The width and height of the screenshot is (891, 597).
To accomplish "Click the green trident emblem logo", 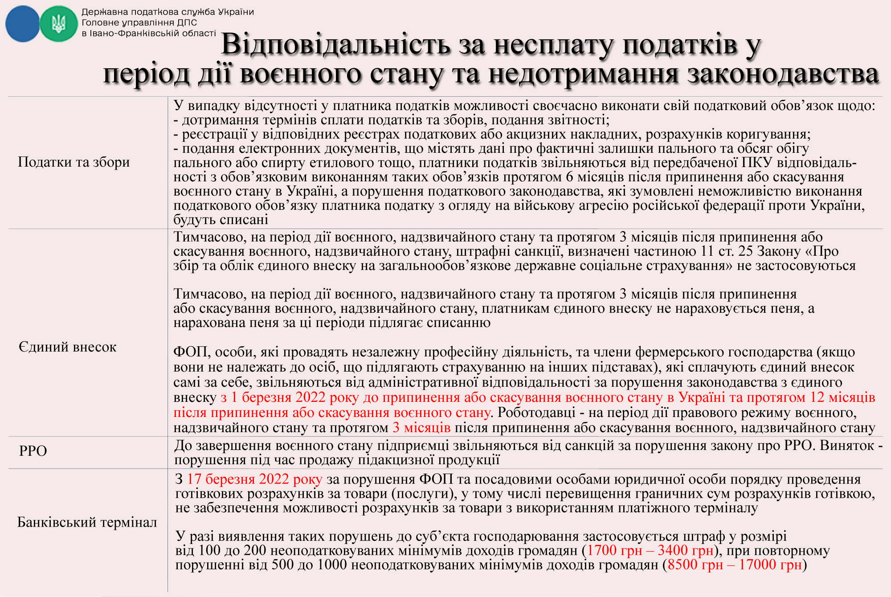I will (x=58, y=24).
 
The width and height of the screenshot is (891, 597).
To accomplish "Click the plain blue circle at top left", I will (x=22, y=24).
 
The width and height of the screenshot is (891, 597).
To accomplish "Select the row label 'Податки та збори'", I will (x=74, y=162).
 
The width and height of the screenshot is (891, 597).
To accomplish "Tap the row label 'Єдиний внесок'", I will (x=67, y=347).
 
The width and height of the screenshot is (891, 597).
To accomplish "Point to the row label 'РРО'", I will (x=33, y=451).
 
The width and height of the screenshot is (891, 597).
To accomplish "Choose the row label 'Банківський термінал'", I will (x=87, y=522).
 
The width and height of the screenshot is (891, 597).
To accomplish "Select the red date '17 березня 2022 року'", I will (x=254, y=479).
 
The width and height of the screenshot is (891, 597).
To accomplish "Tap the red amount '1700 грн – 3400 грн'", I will (x=650, y=551).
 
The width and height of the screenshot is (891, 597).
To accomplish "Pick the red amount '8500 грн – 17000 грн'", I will (x=735, y=565).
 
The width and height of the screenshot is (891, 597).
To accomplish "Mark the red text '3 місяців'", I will (x=421, y=428).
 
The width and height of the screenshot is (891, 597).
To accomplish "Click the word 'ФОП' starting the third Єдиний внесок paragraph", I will (x=190, y=352).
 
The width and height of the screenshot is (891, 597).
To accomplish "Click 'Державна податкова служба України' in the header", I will (x=168, y=12).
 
